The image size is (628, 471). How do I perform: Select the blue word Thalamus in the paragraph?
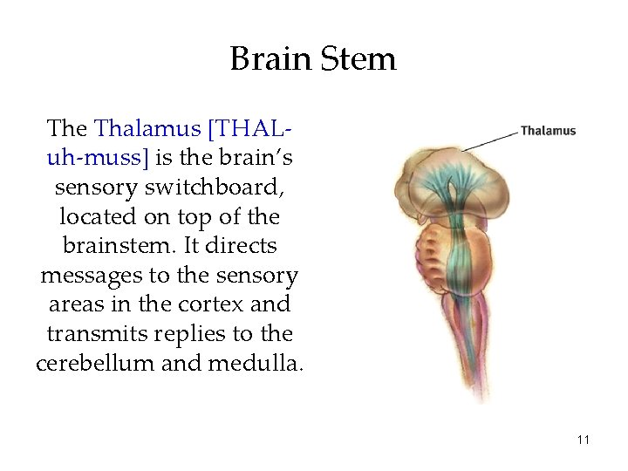pyautogui.click(x=147, y=129)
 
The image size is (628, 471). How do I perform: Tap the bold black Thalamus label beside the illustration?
pyautogui.click(x=548, y=131)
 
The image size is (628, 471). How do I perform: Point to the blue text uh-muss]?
pyautogui.click(x=97, y=158)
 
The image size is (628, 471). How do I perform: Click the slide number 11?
pyautogui.click(x=584, y=439)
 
